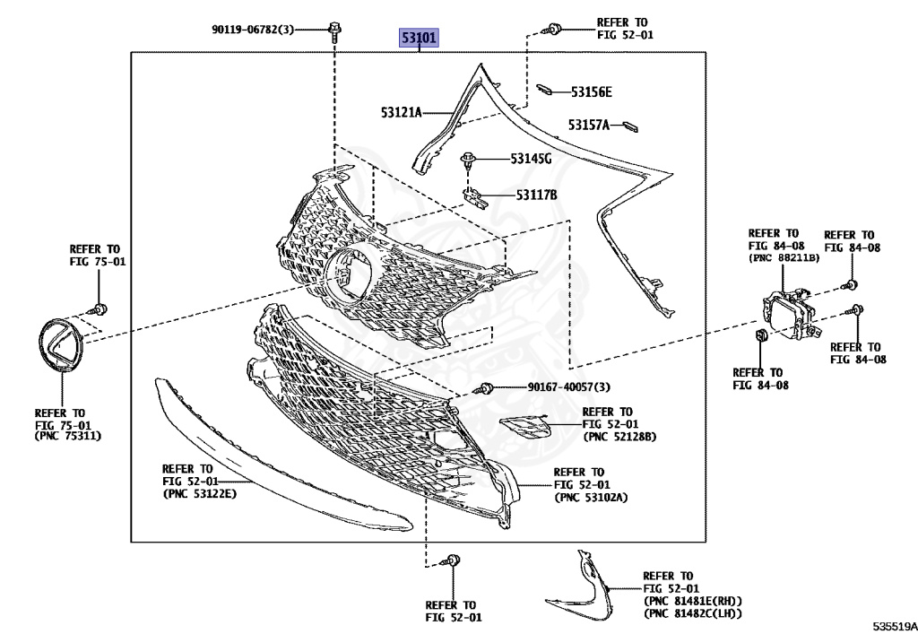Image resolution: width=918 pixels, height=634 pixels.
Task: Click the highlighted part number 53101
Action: pyautogui.click(x=419, y=38)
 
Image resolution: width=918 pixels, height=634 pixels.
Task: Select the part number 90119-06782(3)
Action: pyautogui.click(x=255, y=30)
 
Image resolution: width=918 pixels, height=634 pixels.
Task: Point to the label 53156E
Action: pyautogui.click(x=592, y=91)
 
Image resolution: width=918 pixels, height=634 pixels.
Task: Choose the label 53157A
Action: pyautogui.click(x=588, y=125)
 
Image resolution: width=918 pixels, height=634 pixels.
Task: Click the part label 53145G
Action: pyautogui.click(x=531, y=159)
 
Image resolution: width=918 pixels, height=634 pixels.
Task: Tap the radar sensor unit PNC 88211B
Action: pyautogui.click(x=785, y=314)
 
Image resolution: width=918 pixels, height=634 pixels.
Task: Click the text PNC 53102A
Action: pyautogui.click(x=591, y=497)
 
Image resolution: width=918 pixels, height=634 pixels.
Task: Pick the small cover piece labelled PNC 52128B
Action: pyautogui.click(x=526, y=427)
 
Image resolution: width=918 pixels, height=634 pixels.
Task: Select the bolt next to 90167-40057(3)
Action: pyautogui.click(x=488, y=387)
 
